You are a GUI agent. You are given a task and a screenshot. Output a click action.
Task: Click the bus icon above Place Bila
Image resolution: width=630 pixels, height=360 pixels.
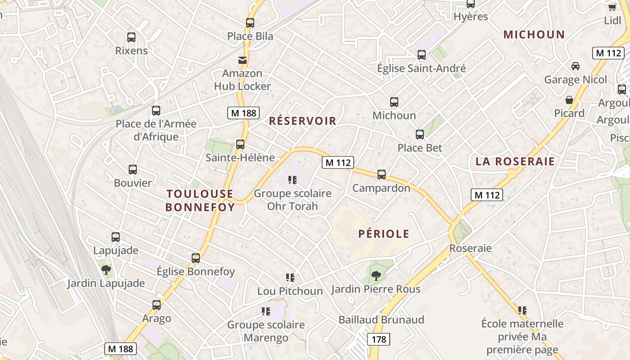point(250,22)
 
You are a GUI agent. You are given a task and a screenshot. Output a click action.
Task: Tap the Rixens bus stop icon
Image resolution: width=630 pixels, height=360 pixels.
point(131,37)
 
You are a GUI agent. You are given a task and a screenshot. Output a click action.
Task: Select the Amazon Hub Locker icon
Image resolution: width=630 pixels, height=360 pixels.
point(243,60)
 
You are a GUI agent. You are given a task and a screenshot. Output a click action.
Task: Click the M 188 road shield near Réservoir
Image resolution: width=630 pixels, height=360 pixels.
point(243,113)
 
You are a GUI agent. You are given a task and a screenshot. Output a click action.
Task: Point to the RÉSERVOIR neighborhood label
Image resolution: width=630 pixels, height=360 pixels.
point(302,121)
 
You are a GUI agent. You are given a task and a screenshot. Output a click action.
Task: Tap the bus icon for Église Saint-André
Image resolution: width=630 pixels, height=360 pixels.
point(422,55)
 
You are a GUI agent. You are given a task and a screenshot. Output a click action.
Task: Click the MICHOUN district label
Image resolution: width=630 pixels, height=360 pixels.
point(534,35)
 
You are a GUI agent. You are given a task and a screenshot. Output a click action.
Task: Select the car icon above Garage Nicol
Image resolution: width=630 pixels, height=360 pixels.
point(575,66)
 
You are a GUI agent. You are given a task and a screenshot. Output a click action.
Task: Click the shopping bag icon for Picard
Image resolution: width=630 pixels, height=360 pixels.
point(569,100)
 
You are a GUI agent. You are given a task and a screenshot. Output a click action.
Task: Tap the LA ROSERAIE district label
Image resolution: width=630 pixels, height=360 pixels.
point(515,162)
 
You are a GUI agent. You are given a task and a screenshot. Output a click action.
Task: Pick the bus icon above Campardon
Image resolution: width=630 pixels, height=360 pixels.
point(382,175)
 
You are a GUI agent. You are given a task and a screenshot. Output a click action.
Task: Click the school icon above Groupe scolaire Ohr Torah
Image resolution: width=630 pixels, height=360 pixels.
point(292,180)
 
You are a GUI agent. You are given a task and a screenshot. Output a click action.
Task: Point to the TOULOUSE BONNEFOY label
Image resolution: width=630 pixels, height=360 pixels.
point(200,200)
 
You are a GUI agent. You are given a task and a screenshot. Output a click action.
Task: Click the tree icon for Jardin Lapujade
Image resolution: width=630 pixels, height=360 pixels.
point(106,270)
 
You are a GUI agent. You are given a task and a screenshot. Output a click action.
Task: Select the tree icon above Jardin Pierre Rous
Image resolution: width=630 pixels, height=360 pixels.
point(376,275)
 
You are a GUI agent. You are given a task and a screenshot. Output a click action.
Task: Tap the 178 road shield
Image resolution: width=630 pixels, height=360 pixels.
point(379,339)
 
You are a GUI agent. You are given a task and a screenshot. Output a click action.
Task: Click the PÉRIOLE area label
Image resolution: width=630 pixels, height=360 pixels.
point(384,234)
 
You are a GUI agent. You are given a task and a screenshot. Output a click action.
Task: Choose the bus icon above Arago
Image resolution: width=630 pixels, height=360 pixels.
point(157,305)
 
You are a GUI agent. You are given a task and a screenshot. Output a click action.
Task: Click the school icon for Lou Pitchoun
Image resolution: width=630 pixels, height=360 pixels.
point(290,278)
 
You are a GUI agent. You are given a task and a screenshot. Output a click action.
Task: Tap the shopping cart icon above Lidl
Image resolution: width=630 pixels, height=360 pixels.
point(612,7)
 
